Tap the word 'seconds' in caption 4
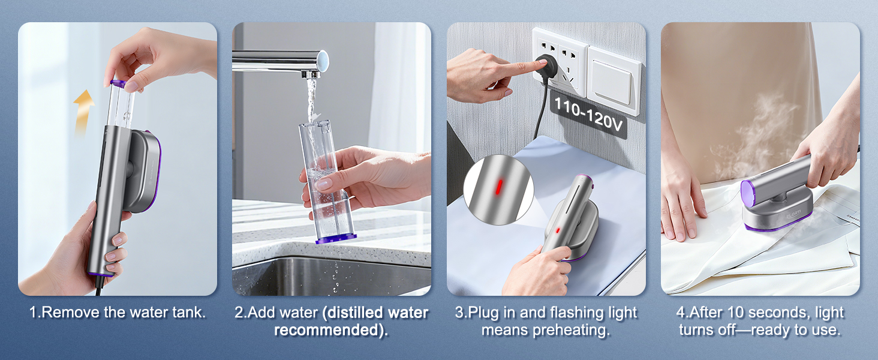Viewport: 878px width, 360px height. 773,313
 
